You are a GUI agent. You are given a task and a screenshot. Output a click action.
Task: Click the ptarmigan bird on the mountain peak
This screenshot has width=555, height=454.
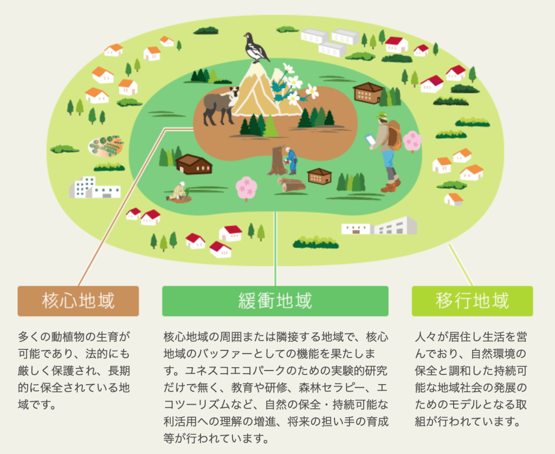coord(256,47)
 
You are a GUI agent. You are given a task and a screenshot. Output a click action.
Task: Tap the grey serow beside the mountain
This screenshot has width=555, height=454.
coord(220,106)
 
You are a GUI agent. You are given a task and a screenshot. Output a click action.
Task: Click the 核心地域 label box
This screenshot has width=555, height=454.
coord(78,301)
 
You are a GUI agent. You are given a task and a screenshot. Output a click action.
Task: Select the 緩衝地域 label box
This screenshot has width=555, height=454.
coord(275,301)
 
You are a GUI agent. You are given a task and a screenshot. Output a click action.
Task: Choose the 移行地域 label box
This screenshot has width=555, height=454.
coord(472,301)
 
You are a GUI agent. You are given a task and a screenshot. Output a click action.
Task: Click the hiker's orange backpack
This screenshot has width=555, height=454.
coord(393,135)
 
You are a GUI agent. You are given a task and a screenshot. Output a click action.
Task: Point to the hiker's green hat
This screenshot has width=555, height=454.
coord(382,116)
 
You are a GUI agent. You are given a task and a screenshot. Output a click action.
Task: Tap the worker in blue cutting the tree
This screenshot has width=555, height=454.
coord(291,161)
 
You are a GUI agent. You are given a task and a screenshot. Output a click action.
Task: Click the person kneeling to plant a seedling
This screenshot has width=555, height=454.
coord(179,193)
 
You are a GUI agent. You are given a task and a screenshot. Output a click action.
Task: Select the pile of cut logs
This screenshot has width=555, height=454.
coord(291,185)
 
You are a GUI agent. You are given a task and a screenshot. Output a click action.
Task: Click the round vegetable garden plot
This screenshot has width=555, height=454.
coord(106,145)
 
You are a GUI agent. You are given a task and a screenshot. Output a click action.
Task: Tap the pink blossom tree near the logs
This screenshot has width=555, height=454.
coord(247,188)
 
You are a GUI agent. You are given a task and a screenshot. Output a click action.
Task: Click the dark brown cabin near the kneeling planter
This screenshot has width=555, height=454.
coord(193,164)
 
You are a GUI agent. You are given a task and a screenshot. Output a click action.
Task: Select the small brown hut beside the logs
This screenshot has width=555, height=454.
coord(319,176)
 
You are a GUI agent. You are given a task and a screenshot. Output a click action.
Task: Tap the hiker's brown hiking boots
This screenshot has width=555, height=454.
coord(391,186)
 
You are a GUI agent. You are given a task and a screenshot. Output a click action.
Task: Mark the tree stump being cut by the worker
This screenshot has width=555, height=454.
coord(277,161)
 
